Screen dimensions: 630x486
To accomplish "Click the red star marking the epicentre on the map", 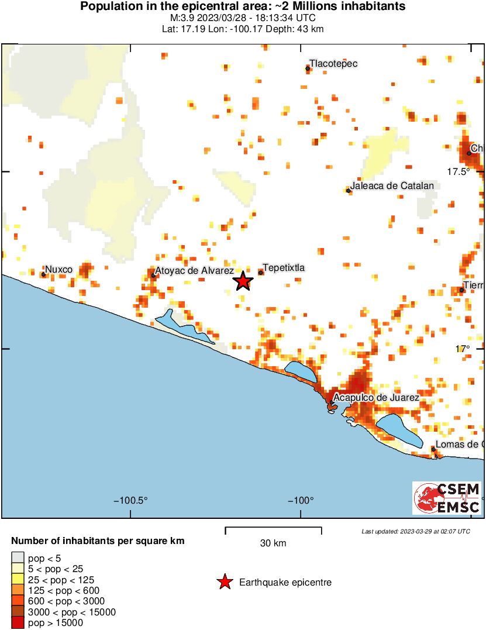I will click(243, 281).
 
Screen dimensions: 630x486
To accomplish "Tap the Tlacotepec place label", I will click(333, 63).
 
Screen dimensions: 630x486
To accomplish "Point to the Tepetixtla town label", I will click(284, 268).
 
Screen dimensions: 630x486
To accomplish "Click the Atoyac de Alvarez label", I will click(195, 271).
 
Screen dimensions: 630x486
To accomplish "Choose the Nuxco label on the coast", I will click(59, 270).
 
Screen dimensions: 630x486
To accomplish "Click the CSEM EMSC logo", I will click(447, 498).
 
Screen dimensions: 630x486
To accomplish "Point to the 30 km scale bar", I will click(273, 531).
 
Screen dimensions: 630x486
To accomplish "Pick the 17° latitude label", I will click(463, 349).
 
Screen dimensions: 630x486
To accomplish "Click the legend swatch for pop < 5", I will click(18, 558).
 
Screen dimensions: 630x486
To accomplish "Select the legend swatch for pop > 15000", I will click(18, 623).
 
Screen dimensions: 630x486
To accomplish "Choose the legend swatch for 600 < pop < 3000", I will click(18, 601).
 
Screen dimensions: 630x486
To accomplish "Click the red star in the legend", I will click(224, 582).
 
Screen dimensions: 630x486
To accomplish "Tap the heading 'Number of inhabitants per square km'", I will click(98, 541).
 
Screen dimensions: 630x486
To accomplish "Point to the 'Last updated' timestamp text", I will click(415, 531).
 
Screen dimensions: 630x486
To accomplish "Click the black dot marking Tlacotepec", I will click(308, 69).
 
